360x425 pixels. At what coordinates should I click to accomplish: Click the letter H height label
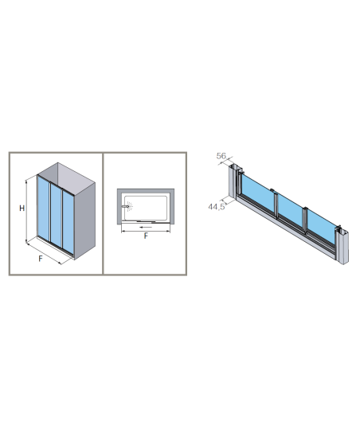tap(22, 209)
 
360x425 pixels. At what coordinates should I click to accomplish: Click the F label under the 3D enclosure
tap(41, 259)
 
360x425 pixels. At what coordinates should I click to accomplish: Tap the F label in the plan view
tap(146, 236)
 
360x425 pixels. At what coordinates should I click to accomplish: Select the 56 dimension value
tap(221, 156)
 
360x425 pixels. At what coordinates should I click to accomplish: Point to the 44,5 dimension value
tap(217, 207)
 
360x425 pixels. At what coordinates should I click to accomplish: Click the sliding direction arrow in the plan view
tap(146, 227)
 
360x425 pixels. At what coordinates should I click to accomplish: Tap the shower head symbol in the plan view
tap(127, 206)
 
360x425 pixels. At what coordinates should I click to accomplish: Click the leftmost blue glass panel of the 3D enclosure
tap(44, 209)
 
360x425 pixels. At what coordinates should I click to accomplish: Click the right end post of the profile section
tap(342, 244)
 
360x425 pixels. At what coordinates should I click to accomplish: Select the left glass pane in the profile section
tap(258, 193)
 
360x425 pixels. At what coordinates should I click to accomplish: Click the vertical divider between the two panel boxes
tap(103, 213)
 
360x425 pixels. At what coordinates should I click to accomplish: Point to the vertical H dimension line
tap(26, 211)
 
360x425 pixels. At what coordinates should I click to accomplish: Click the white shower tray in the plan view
tap(146, 208)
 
